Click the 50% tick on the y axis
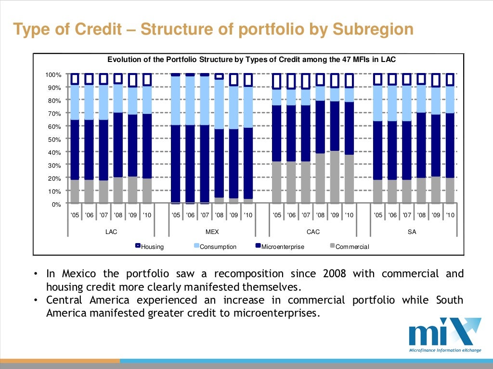pyautogui.click(x=54, y=139)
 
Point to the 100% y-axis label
pyautogui.click(x=53, y=75)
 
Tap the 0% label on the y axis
pyautogui.click(x=56, y=204)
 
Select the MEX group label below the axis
pyautogui.click(x=212, y=232)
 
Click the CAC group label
pyautogui.click(x=313, y=232)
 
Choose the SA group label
pyautogui.click(x=412, y=232)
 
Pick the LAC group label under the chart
pyautogui.click(x=111, y=232)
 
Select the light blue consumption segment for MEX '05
pyautogui.click(x=176, y=100)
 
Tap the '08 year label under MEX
pyautogui.click(x=219, y=215)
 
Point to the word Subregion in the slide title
pyautogui.click(x=372, y=29)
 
